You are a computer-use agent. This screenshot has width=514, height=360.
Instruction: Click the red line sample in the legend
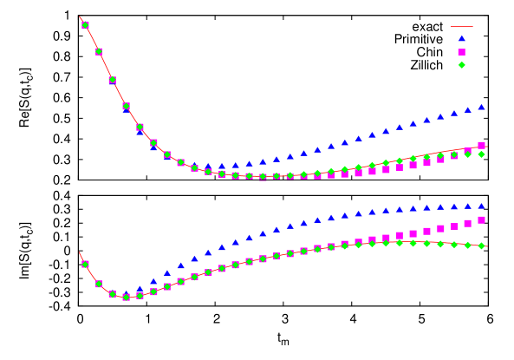coord(461,27)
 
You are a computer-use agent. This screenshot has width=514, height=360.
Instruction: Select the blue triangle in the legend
coord(462,38)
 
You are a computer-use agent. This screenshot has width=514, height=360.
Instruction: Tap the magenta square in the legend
coord(462,52)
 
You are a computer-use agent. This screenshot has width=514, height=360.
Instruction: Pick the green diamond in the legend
coord(462,65)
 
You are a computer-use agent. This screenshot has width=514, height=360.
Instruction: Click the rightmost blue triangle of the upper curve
coord(482,107)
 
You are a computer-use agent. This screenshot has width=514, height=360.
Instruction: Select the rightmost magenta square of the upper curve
coord(482,145)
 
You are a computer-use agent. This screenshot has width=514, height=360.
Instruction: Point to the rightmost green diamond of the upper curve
coord(482,154)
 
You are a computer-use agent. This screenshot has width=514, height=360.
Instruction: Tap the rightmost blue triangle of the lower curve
coord(482,206)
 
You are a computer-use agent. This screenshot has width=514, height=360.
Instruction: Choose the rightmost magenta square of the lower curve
coord(482,220)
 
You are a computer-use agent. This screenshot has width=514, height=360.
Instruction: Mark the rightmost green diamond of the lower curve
coord(482,245)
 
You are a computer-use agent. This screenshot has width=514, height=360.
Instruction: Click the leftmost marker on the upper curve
coord(85,25)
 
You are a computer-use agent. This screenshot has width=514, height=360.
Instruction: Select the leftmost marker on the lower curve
coord(85,264)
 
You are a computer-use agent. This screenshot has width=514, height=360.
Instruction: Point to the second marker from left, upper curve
coord(99,51)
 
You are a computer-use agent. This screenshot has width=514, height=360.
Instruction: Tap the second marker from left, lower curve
coord(99,284)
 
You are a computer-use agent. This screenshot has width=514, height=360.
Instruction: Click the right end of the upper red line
coord(488,147)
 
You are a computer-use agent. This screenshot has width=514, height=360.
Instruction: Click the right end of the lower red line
coord(488,246)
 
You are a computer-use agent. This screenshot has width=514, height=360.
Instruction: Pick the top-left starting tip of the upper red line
coord(80,17)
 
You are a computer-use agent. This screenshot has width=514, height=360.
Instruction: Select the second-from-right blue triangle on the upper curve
coord(468,110)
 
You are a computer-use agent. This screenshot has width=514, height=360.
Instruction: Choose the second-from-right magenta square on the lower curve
coord(468,224)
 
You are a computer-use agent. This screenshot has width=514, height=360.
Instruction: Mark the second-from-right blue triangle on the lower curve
coord(468,206)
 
